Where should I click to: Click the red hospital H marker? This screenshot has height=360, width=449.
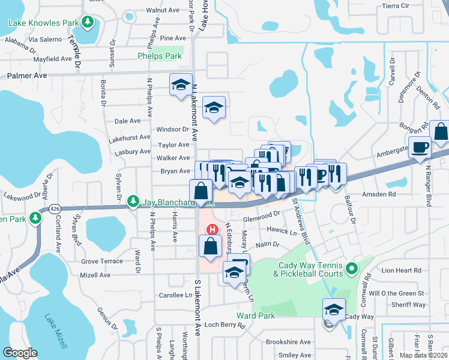click(212, 229)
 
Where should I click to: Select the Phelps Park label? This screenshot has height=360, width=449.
click(159, 56)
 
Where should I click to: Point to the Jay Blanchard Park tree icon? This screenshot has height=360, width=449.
click(136, 202)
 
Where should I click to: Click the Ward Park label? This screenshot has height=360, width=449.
click(255, 315)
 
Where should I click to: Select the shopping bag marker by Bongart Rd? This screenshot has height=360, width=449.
click(440, 131)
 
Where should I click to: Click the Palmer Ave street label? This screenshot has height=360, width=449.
click(27, 76)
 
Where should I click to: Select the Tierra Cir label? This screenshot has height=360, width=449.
click(394, 5)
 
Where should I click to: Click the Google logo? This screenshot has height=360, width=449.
click(20, 353)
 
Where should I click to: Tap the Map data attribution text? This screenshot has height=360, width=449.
click(424, 355)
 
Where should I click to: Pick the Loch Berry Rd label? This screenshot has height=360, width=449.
click(225, 326)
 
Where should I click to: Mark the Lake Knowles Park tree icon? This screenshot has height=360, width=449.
click(88, 22)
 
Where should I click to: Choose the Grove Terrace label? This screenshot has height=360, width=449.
click(102, 261)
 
